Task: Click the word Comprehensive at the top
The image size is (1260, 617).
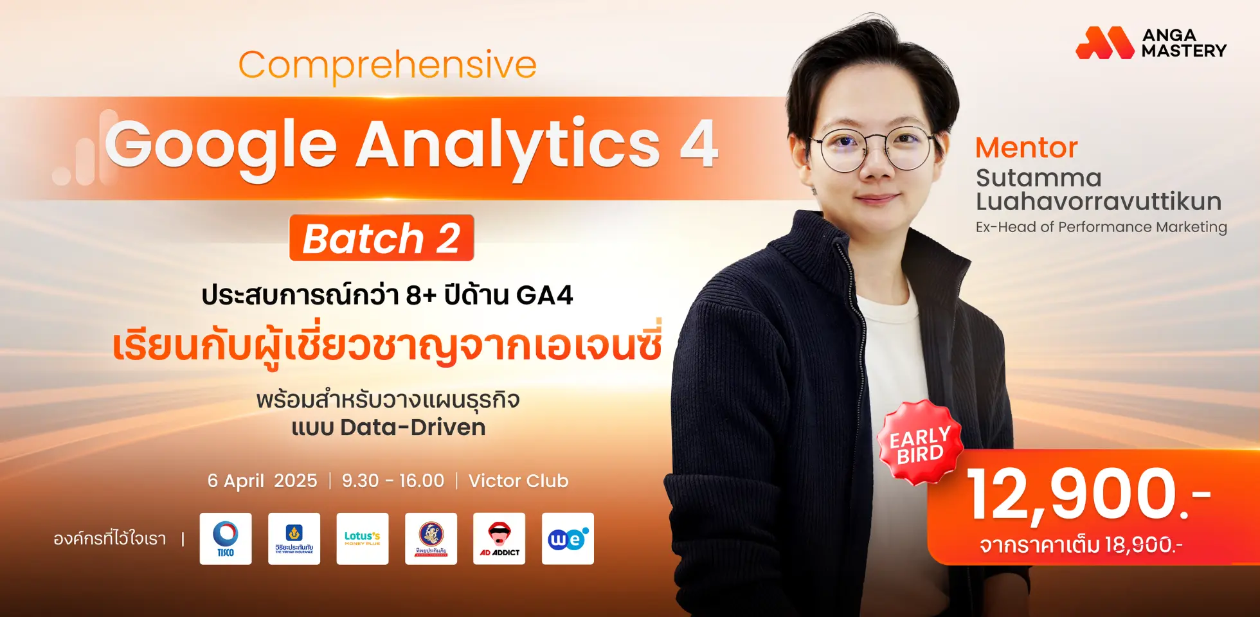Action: tap(387, 66)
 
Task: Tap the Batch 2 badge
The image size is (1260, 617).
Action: tap(381, 238)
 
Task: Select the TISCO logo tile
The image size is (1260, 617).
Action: tap(226, 539)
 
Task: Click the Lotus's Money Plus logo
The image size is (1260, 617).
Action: tap(363, 539)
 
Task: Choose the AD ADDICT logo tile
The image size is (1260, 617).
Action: tap(500, 539)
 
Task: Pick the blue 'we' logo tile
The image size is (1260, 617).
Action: tap(568, 539)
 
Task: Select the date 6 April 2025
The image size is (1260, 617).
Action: tap(262, 481)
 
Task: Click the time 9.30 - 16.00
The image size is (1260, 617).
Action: tap(393, 481)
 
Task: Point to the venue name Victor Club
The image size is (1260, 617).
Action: tap(518, 481)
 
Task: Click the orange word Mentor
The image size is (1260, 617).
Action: tap(1026, 148)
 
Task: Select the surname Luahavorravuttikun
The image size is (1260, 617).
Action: tap(1098, 202)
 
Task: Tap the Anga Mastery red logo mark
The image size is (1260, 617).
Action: tap(1104, 42)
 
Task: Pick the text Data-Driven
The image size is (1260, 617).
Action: tap(413, 427)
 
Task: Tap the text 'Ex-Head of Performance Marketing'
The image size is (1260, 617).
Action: tap(1101, 227)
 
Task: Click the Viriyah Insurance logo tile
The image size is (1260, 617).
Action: tap(294, 539)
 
